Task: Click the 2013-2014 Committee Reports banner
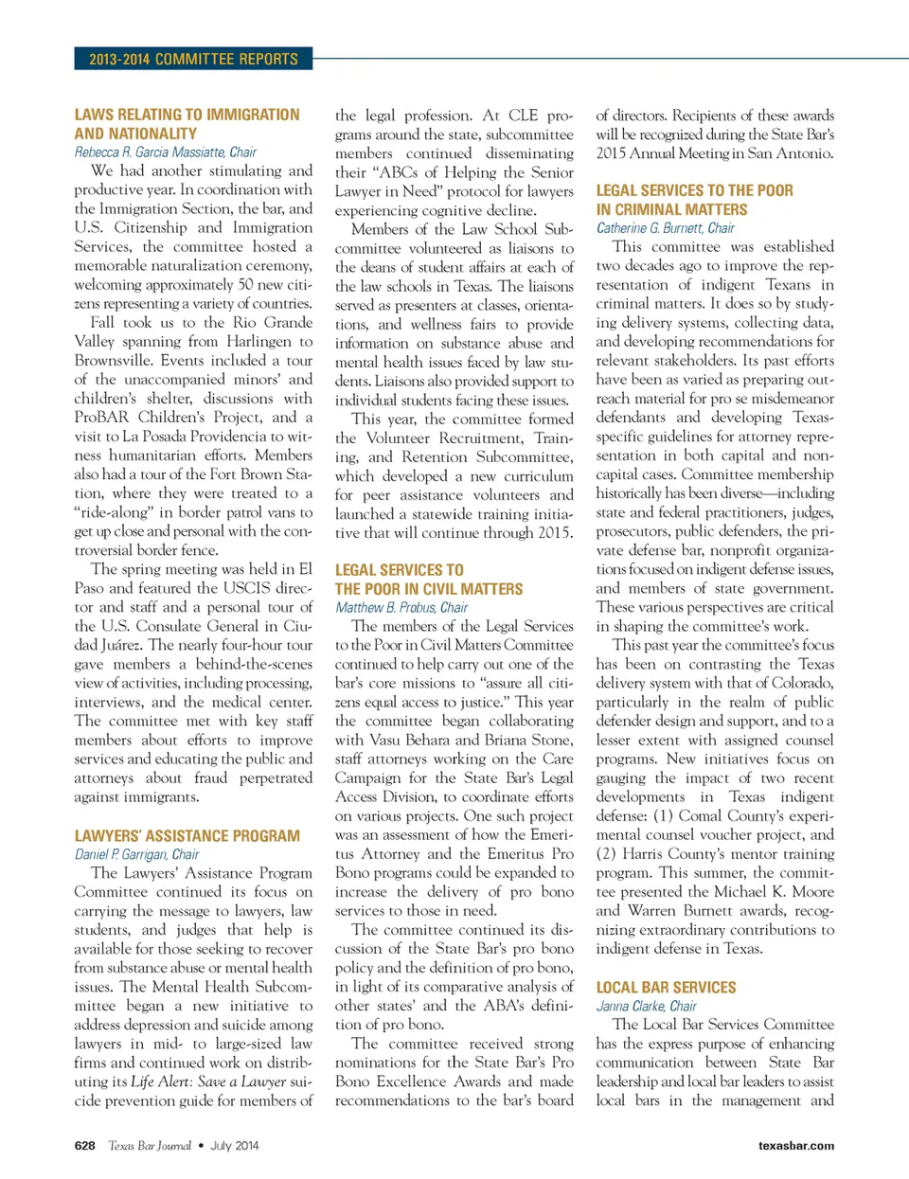[193, 59]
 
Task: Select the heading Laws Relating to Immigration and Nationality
[187, 124]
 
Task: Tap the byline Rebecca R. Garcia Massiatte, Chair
[165, 152]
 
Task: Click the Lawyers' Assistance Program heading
[187, 836]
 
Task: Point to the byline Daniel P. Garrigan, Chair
[136, 854]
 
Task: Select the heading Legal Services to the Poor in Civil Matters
[428, 580]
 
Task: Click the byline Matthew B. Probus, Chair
[401, 607]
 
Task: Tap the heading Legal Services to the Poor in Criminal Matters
[694, 200]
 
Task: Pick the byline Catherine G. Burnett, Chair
[665, 227]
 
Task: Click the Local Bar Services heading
[666, 988]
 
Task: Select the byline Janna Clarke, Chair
[646, 1006]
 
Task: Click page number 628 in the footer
[84, 1145]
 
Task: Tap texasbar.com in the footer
[795, 1145]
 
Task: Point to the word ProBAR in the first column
[101, 418]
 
